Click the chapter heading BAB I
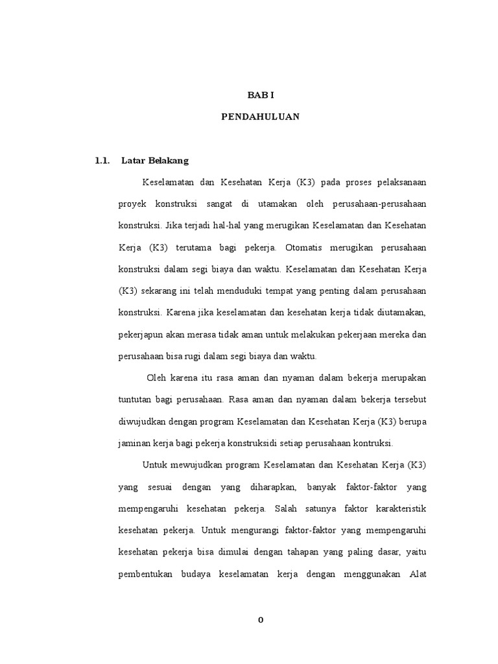click(x=261, y=95)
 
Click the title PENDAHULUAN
click(x=261, y=117)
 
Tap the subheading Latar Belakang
click(x=155, y=160)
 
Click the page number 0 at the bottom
click(x=261, y=620)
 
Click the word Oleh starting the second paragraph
click(x=157, y=377)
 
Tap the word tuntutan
click(x=136, y=399)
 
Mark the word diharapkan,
click(x=266, y=486)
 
